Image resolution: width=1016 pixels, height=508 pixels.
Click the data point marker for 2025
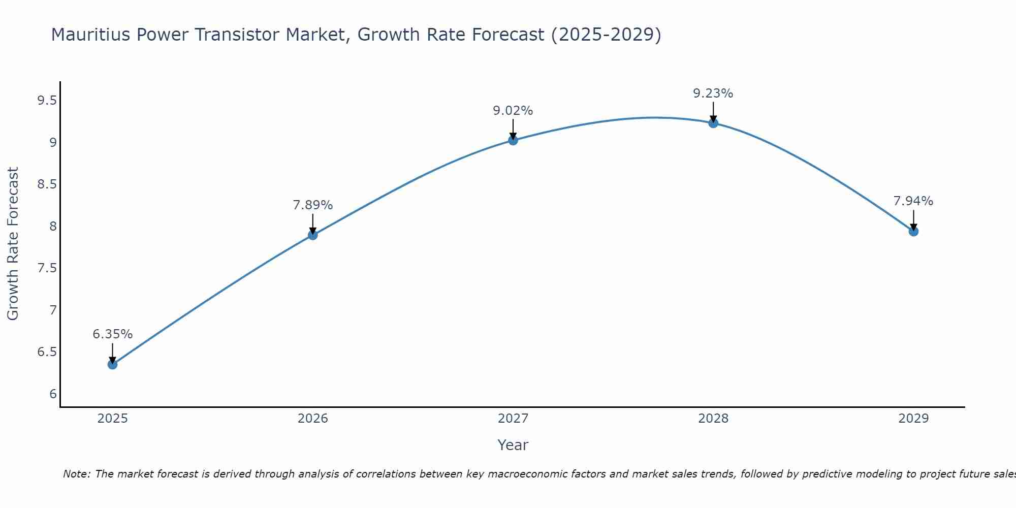[x=112, y=364]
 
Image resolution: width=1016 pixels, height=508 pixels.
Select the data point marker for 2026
[x=312, y=235]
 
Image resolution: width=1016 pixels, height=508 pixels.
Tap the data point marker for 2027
[x=513, y=140]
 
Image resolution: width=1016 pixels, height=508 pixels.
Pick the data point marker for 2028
[x=713, y=123]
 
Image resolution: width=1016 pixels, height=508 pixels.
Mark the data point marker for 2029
[x=913, y=231]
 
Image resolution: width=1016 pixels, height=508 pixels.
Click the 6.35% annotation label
[x=112, y=334]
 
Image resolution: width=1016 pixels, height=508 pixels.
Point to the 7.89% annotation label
[x=312, y=205]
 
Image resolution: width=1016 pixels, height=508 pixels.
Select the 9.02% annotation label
[x=513, y=111]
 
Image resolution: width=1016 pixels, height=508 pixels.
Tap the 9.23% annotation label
[x=713, y=93]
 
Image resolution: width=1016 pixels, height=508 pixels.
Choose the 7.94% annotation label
[x=913, y=201]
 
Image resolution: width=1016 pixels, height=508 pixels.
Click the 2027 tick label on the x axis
[x=513, y=419]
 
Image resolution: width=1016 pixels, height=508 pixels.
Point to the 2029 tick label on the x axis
[x=913, y=419]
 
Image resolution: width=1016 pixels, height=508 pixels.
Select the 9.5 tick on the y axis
[x=47, y=101]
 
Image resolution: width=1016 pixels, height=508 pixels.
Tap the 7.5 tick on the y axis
[x=47, y=268]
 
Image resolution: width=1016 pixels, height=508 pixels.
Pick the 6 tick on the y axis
[x=53, y=394]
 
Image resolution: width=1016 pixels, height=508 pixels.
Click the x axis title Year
[x=513, y=445]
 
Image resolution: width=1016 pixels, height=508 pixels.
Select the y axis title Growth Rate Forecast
[x=13, y=244]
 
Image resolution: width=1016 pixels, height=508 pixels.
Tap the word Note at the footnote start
[x=76, y=474]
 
